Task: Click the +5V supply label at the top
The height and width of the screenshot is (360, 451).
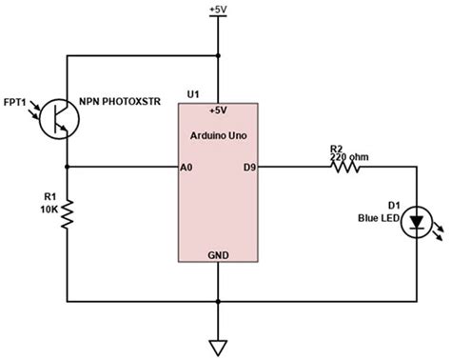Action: click(x=219, y=10)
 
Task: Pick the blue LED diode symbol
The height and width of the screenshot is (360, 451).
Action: click(x=416, y=223)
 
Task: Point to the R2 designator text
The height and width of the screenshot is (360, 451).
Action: click(x=336, y=148)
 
